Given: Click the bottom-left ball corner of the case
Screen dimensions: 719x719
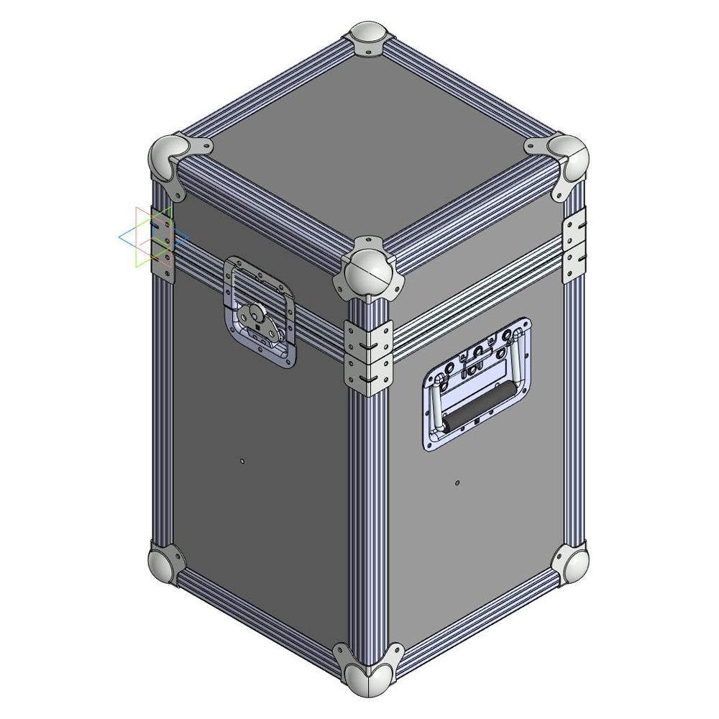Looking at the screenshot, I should coord(165,562).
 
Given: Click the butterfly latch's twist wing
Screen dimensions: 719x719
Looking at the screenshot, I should coord(257,316).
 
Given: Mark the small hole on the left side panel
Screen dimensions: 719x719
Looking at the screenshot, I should coord(243,460).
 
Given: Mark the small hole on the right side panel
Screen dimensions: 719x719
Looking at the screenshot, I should coord(458,482).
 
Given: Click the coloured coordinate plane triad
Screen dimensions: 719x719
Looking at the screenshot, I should coord(152,237).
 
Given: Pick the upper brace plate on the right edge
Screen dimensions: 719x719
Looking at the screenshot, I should coord(575,221).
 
